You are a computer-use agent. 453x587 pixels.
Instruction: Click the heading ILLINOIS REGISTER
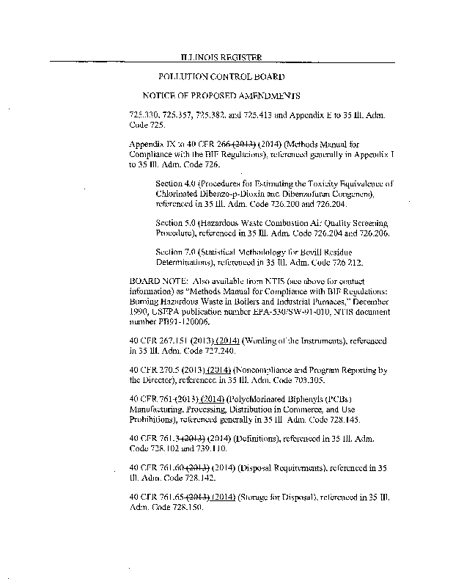point(221,57)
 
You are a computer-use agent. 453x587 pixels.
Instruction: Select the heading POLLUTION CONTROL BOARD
point(221,76)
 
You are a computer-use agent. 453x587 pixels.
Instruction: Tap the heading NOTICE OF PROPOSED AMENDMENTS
point(221,96)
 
